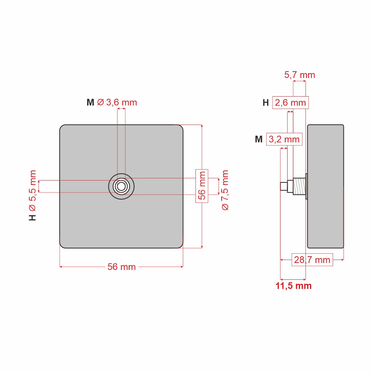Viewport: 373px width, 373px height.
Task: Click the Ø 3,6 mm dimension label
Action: (x=117, y=103)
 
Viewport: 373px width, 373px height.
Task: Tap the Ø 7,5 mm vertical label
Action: (x=225, y=190)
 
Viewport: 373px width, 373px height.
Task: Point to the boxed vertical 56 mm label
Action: (x=202, y=186)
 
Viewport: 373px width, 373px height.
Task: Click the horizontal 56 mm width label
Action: (x=122, y=267)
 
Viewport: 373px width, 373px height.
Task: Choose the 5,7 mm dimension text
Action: (x=300, y=75)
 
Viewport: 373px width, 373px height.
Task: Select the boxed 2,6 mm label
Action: (x=291, y=103)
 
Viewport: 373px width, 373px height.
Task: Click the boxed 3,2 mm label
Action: (x=284, y=139)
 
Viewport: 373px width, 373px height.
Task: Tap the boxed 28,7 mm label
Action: (x=312, y=260)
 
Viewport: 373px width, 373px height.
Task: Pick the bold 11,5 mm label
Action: (x=294, y=286)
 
